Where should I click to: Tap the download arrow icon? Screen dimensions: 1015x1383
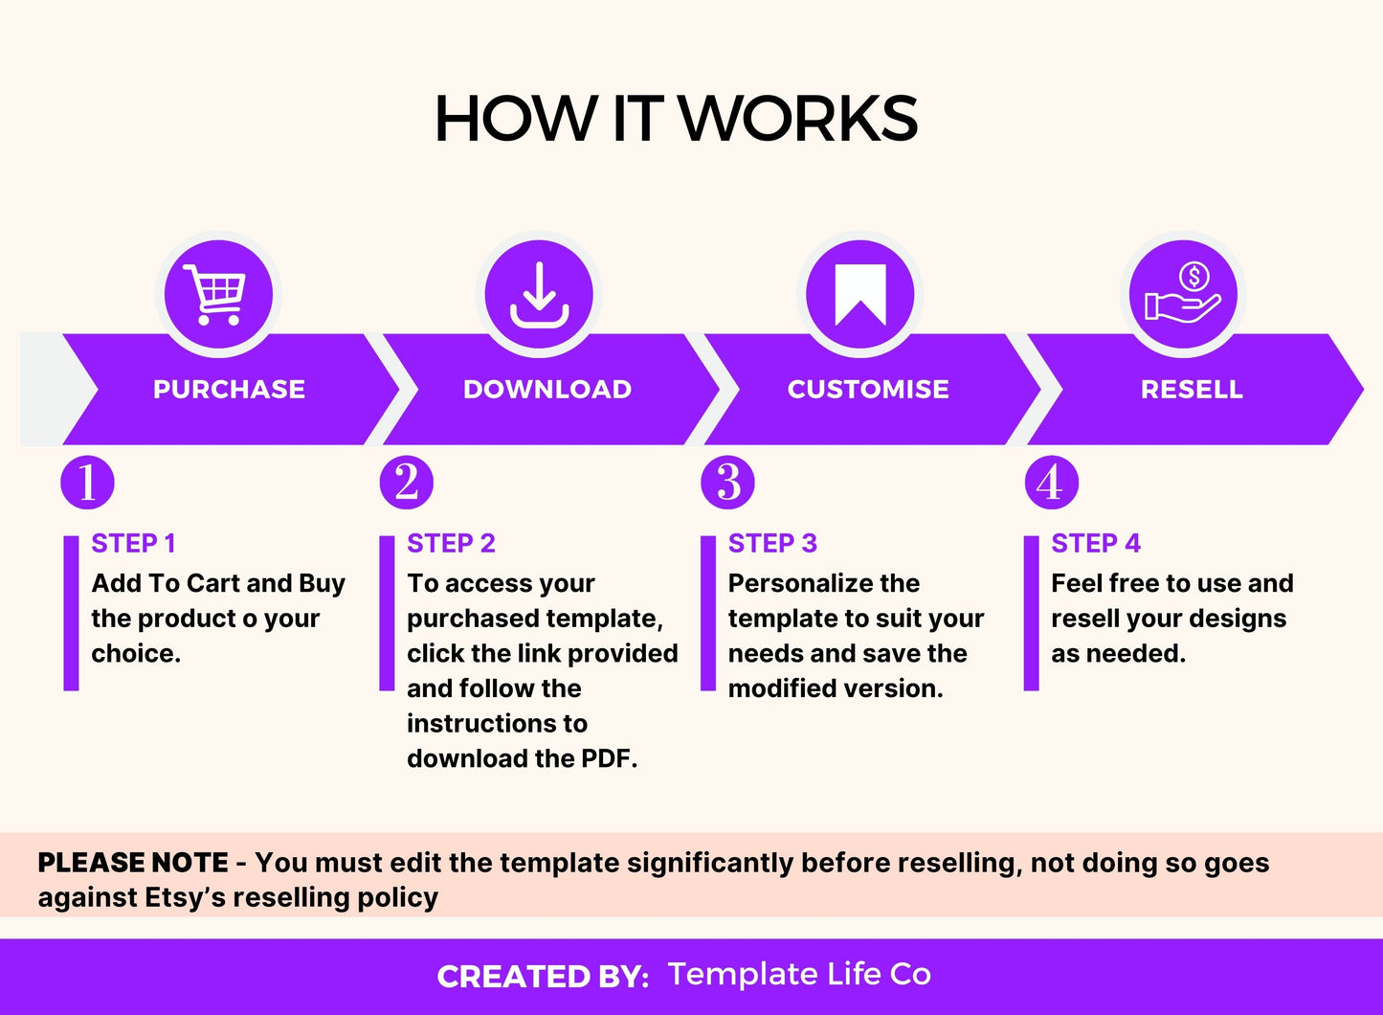coord(539,294)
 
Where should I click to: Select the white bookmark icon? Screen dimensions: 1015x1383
coord(859,294)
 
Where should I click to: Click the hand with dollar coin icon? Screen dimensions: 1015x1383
coord(1183,294)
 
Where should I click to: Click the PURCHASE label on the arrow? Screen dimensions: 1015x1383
coord(229,390)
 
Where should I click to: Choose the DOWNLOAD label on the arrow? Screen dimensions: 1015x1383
coord(547,390)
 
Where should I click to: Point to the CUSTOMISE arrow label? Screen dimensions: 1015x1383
coord(868,390)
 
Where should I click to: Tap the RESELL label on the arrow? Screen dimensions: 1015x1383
coord(1192,390)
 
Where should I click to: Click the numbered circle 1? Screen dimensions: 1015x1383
coord(87,482)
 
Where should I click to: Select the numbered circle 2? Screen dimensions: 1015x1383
coord(406,482)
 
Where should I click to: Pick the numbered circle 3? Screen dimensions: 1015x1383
coord(727,482)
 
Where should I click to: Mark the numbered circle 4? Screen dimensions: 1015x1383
coord(1051,482)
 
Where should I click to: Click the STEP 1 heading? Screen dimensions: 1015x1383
coord(133,544)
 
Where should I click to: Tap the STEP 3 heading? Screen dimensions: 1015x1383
coord(772,544)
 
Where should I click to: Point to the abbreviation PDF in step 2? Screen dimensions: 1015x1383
coord(608,759)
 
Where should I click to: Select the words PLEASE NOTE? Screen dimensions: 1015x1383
coord(133,863)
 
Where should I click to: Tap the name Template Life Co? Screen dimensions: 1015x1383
coord(799,974)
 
